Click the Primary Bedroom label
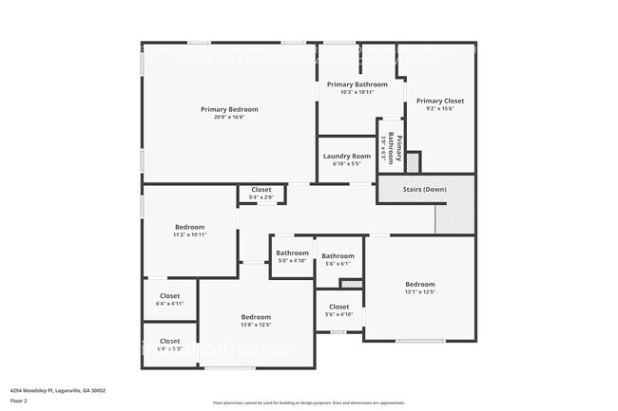click(228, 109)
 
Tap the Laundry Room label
click(346, 156)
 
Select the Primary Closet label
click(439, 101)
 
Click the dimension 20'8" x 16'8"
click(228, 118)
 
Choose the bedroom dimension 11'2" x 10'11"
click(190, 234)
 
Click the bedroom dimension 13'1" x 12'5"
click(419, 292)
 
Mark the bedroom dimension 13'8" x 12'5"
click(255, 325)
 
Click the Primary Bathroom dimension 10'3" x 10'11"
click(357, 92)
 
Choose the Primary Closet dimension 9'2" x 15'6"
click(439, 108)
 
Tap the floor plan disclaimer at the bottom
click(308, 402)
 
